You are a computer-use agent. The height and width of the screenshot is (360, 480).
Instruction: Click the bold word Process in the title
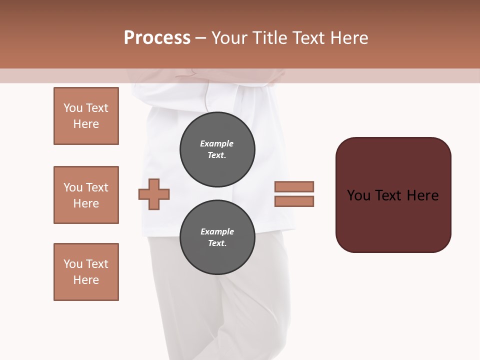pyautogui.click(x=157, y=38)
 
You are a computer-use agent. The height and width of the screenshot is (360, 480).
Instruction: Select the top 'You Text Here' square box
pyautogui.click(x=86, y=116)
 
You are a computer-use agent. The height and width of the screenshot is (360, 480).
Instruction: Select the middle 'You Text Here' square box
pyautogui.click(x=86, y=195)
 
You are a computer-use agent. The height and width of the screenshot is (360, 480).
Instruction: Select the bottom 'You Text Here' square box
pyautogui.click(x=86, y=272)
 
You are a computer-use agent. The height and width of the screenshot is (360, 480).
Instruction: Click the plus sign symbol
pyautogui.click(x=154, y=193)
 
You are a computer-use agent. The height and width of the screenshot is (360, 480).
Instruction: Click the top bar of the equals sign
pyautogui.click(x=294, y=186)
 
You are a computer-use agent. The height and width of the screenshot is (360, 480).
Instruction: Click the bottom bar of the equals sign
pyautogui.click(x=294, y=201)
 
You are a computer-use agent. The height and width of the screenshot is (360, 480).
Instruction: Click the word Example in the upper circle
pyautogui.click(x=216, y=143)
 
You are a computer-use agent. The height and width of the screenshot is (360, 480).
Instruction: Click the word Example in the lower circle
pyautogui.click(x=217, y=231)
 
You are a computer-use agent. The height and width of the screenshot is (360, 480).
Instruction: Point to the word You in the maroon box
pyautogui.click(x=358, y=195)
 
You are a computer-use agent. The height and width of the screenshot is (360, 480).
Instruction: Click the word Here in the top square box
pyautogui.click(x=86, y=124)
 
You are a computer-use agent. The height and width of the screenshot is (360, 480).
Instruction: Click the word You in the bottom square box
pyautogui.click(x=73, y=264)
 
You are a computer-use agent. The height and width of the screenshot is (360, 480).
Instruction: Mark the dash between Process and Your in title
pyautogui.click(x=200, y=38)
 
